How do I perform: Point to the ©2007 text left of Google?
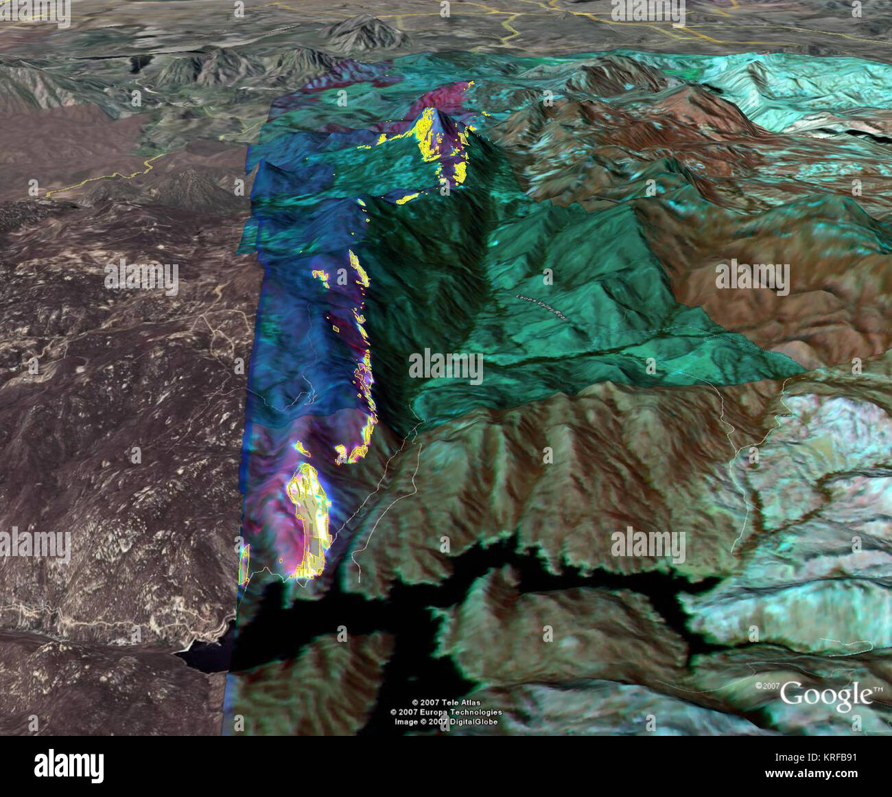(767, 686)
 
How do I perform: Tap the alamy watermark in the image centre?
(446, 365)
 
